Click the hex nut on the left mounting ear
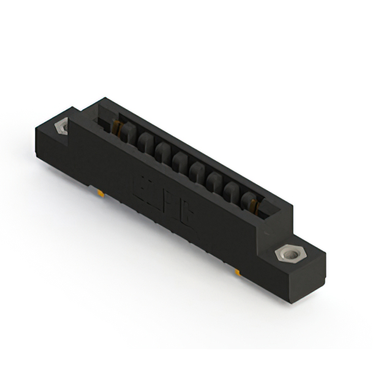61,127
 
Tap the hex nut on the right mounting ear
286,252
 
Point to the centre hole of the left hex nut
61,127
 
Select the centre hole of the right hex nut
286,252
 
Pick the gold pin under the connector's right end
237,269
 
